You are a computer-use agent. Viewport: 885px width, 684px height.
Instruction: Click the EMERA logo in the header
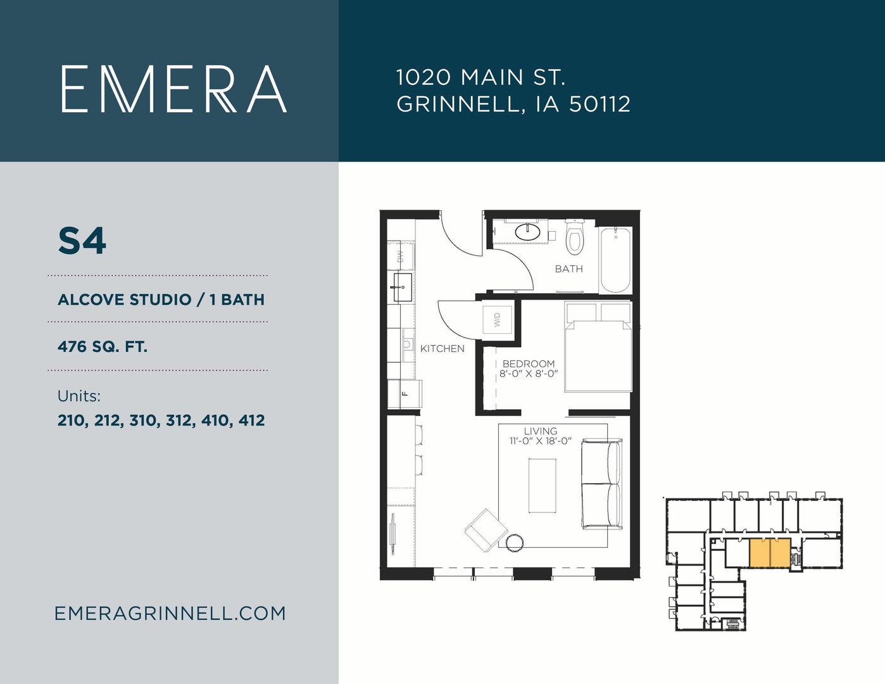[174, 89]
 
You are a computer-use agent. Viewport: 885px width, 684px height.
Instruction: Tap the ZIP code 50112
[599, 104]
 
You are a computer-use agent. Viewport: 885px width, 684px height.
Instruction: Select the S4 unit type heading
[82, 241]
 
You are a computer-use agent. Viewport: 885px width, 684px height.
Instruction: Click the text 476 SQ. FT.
[102, 346]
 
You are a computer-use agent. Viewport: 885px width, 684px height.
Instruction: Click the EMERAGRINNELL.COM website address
[170, 614]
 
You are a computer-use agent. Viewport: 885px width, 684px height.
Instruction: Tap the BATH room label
[568, 269]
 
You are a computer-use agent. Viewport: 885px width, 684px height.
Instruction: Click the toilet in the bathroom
[575, 237]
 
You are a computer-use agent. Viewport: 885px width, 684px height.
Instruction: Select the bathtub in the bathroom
[615, 260]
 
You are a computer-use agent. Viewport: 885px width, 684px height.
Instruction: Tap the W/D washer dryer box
[498, 320]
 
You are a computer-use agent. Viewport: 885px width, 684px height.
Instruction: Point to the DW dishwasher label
[400, 256]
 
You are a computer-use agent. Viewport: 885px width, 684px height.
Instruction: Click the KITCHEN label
[442, 349]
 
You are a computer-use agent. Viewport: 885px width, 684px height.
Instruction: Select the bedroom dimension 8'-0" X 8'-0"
[528, 374]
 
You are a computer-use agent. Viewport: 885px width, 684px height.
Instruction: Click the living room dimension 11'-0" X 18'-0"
[541, 441]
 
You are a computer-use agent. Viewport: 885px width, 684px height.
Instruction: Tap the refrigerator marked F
[405, 393]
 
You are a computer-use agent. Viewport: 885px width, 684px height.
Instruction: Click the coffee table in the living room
[543, 486]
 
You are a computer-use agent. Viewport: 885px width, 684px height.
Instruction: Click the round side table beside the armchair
[515, 543]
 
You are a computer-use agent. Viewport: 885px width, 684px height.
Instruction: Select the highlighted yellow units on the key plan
[770, 553]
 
